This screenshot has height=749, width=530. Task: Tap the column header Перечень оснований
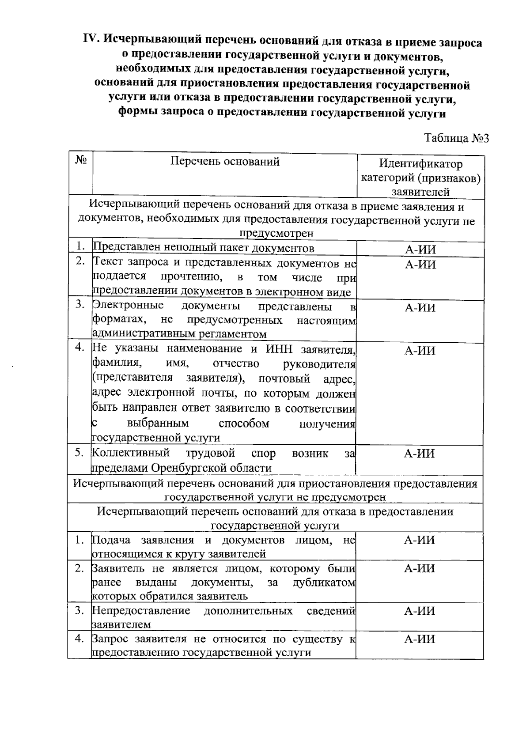225,162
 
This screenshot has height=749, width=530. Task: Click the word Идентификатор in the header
420,164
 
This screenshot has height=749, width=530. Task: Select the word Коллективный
131,454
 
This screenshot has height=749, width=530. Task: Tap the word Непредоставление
141,611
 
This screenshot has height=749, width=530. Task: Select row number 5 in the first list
79,454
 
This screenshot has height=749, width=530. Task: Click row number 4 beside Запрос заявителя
79,639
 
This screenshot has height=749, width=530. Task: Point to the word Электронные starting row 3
128,306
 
